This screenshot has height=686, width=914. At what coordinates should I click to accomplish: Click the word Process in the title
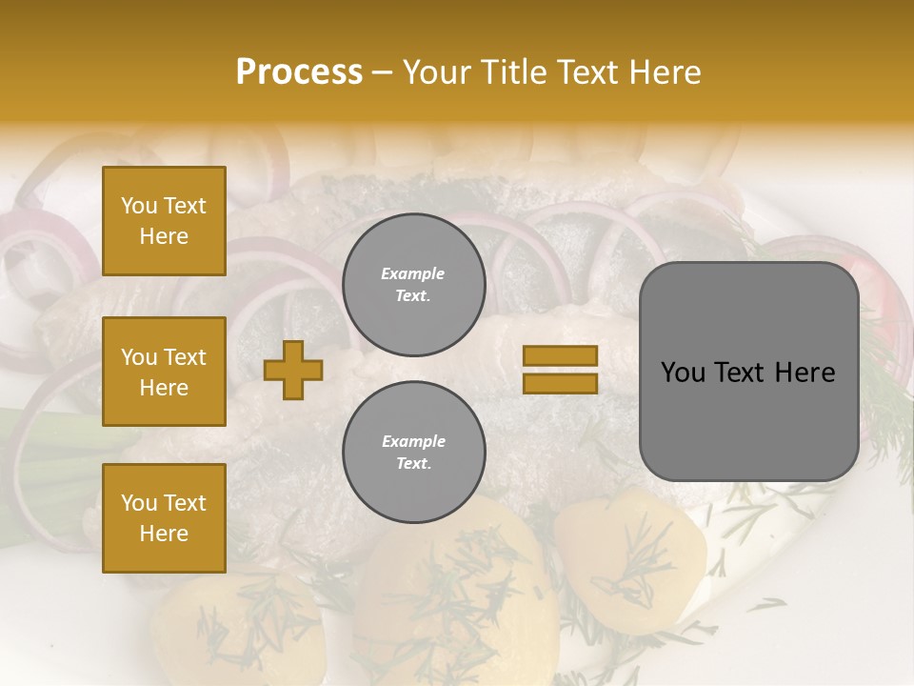point(299,72)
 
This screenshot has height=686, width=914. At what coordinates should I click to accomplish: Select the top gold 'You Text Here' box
point(164,221)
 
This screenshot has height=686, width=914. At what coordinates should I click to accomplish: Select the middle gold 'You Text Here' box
point(164,372)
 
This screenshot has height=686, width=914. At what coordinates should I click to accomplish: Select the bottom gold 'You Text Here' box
point(164,518)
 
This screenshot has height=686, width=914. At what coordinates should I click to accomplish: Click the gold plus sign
point(293,371)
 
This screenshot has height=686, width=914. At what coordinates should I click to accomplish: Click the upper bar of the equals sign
point(561,355)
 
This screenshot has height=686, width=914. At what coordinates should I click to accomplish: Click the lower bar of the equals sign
point(561,383)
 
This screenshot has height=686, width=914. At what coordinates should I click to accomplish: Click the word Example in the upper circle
point(412,273)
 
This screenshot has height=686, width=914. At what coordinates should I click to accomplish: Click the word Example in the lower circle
point(413,441)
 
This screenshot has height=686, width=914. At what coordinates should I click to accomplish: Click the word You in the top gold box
point(139,206)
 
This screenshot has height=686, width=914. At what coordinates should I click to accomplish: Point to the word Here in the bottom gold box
point(164,534)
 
